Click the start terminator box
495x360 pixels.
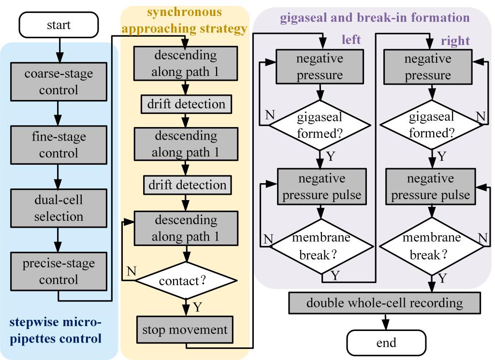[58, 25]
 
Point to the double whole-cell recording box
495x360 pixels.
[385, 303]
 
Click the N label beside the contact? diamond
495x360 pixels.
[130, 271]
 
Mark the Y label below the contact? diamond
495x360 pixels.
[197, 306]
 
